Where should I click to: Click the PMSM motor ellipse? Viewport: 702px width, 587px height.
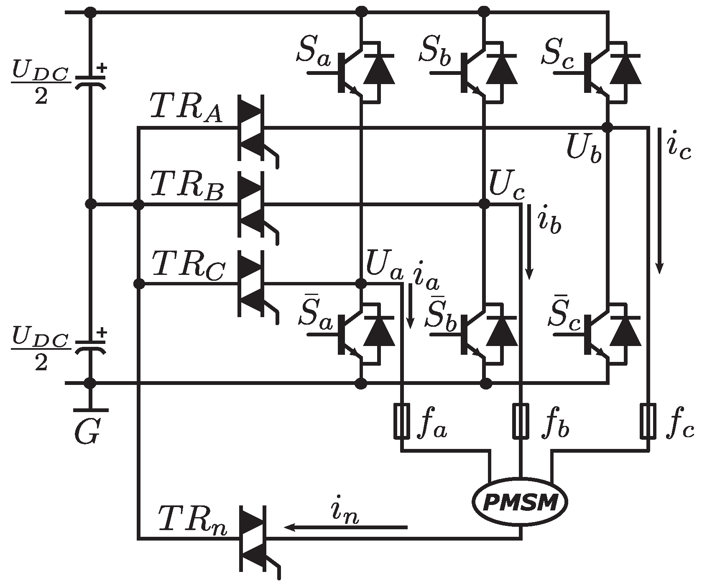[x=521, y=503]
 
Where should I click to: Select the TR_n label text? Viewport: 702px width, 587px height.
[x=193, y=520]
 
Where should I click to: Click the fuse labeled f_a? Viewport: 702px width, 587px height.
[x=402, y=421]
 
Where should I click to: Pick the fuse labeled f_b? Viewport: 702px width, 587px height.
[x=521, y=421]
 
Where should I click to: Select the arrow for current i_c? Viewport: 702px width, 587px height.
[x=659, y=201]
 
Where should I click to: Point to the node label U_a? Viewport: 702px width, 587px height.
[x=384, y=271]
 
